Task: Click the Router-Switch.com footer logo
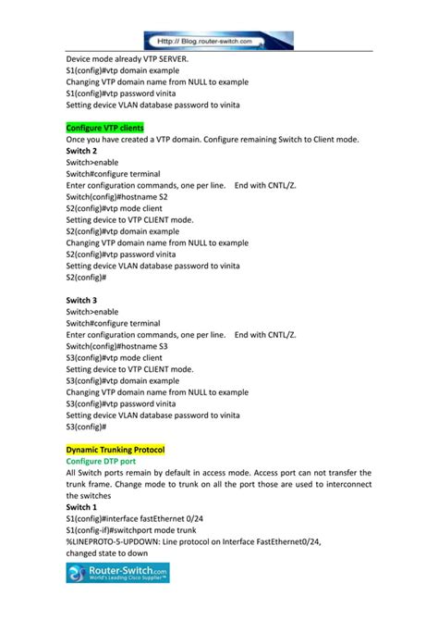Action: tap(117, 577)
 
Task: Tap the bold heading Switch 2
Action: tap(82, 150)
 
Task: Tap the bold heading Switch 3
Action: tap(82, 300)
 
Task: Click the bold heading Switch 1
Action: tap(82, 507)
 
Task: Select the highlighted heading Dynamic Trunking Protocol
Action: tap(116, 450)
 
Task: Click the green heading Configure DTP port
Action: tap(102, 461)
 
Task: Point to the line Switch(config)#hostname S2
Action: tap(117, 196)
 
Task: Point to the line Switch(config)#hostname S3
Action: tap(117, 346)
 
